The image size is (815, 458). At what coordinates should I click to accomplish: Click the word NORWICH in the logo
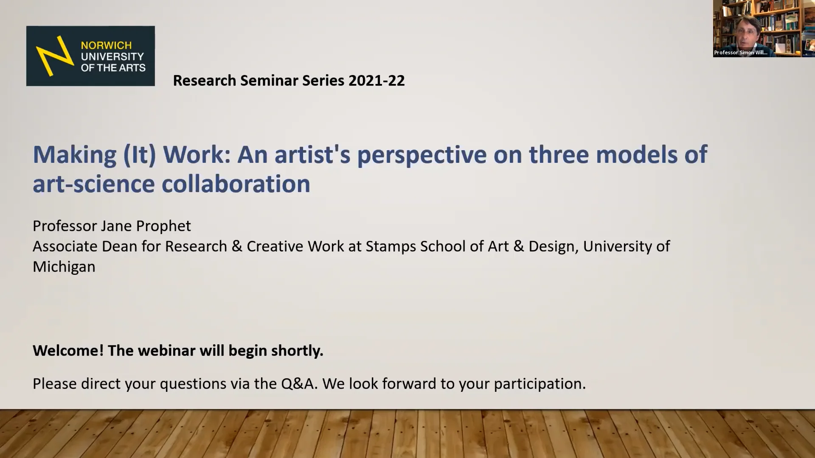point(106,45)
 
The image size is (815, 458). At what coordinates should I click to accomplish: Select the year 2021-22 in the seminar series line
point(377,81)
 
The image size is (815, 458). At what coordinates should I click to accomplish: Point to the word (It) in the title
point(139,154)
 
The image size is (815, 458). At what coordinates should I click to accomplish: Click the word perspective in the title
point(422,154)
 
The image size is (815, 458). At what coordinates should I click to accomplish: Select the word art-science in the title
point(93,184)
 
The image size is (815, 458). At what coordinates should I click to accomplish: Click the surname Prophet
point(167,226)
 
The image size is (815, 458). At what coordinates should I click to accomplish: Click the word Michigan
point(64,267)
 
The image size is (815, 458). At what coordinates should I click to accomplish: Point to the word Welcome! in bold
point(68,351)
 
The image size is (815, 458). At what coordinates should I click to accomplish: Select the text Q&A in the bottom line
point(299,384)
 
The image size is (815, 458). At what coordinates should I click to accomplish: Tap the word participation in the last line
point(540,384)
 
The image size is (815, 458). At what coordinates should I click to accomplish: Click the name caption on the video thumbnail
point(741,53)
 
